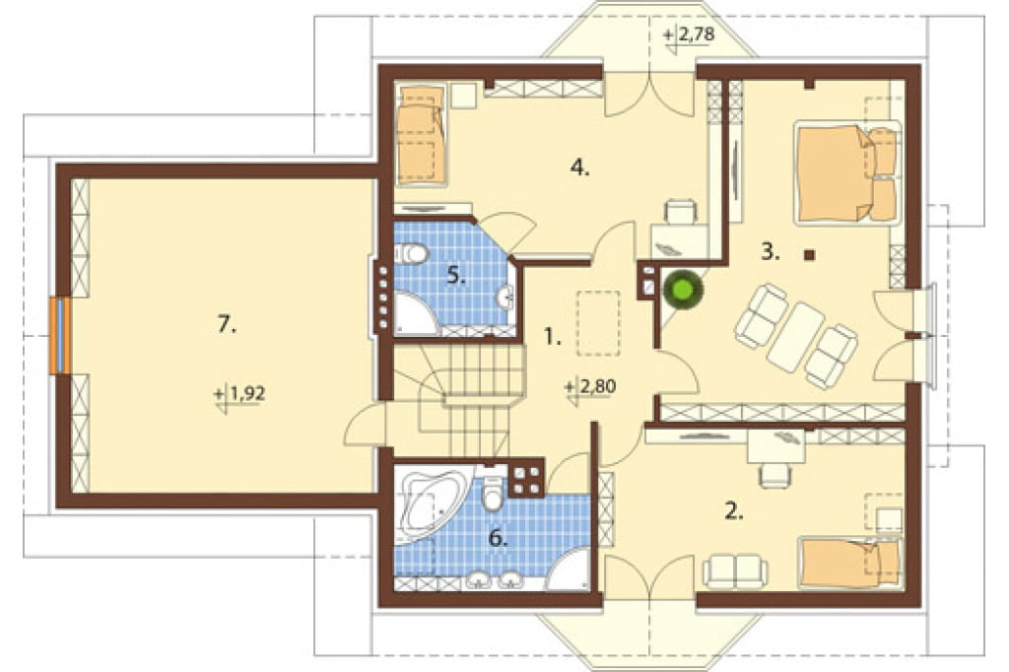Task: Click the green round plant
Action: [683, 289]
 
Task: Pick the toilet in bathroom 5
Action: [411, 253]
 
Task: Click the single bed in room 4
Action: [420, 136]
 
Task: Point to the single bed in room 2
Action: [849, 563]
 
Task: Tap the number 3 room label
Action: [770, 252]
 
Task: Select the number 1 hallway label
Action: [552, 336]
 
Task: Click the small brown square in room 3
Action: [810, 255]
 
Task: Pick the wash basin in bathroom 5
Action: [506, 297]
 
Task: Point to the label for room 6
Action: [498, 537]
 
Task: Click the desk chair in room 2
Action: [775, 475]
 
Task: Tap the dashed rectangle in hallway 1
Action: [598, 323]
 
